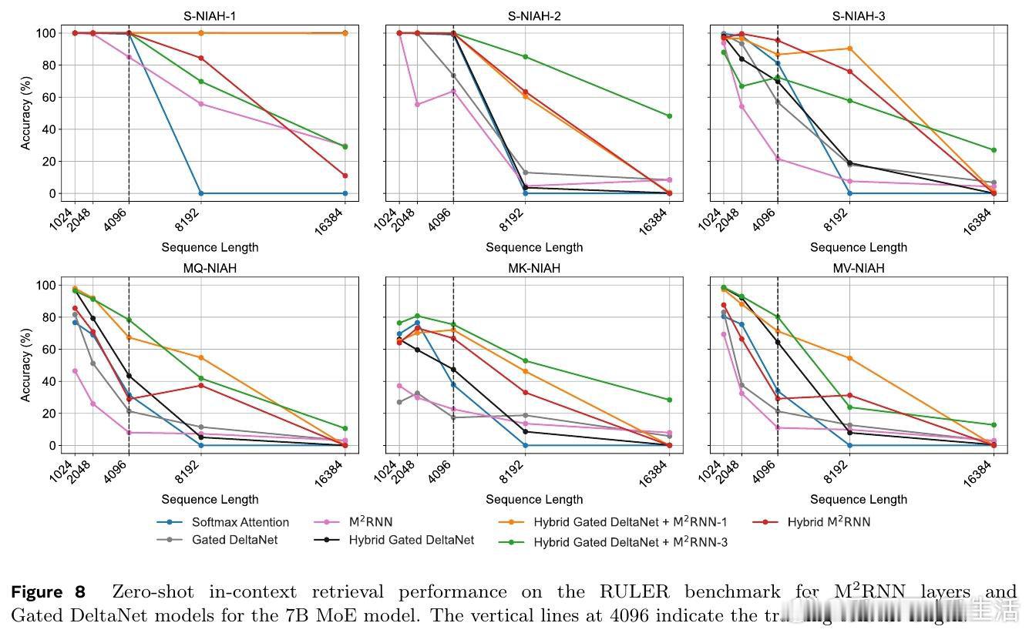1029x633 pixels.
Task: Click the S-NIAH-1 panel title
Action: click(210, 15)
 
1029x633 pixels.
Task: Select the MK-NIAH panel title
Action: click(534, 268)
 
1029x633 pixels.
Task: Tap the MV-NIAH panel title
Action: click(859, 268)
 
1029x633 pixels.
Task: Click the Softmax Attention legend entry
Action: click(240, 522)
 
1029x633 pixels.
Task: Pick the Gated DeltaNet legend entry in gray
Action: click(234, 540)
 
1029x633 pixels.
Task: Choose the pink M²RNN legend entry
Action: click(371, 522)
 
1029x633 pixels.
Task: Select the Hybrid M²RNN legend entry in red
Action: click(829, 522)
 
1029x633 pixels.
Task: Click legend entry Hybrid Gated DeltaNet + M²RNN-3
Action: click(631, 542)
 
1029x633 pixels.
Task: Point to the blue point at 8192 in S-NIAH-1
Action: click(200, 193)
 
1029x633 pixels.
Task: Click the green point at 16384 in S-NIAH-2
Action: click(669, 116)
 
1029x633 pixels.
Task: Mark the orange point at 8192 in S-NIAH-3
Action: click(849, 49)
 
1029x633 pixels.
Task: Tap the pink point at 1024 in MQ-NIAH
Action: click(75, 371)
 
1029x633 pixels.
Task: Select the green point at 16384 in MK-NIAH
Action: click(669, 400)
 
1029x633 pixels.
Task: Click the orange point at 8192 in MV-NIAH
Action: click(849, 358)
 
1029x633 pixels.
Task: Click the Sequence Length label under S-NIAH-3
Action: click(859, 247)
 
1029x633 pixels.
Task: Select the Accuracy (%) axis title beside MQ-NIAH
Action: click(26, 365)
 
